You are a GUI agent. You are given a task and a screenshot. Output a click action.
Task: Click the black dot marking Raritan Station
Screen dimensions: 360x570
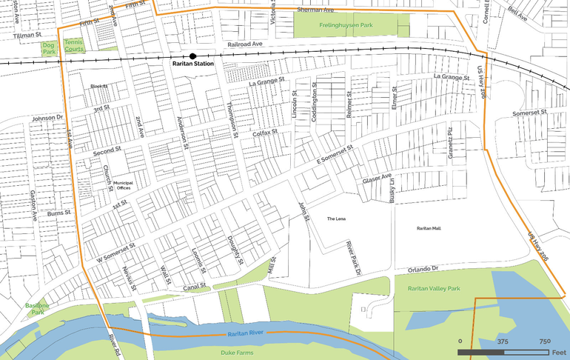[192, 56]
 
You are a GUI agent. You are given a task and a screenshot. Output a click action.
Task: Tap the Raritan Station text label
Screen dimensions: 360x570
[192, 65]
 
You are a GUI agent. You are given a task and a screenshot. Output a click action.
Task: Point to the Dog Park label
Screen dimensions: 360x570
[49, 49]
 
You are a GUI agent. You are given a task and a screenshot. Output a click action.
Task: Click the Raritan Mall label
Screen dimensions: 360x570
[429, 228]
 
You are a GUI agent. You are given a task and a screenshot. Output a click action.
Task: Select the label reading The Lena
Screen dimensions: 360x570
[336, 219]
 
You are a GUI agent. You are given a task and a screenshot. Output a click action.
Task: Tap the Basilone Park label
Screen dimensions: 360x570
[36, 308]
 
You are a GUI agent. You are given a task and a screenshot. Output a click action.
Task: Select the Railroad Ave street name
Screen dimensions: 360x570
[245, 45]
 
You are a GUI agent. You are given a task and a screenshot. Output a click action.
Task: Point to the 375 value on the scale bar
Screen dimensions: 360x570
[502, 341]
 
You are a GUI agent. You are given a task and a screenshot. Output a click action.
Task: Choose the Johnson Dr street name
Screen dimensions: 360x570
[48, 118]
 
